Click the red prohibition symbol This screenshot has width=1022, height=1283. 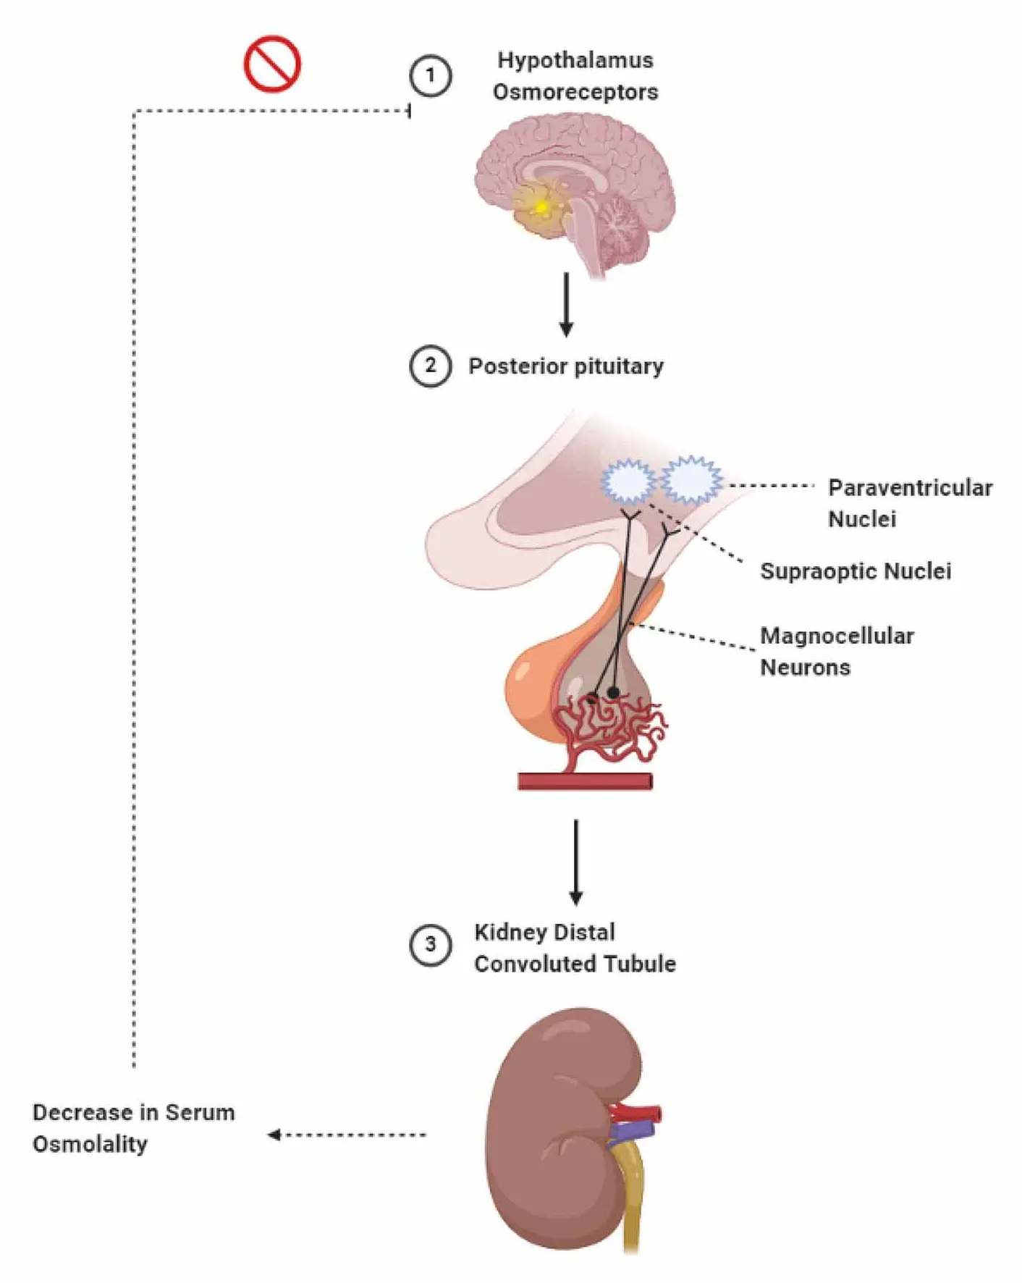tap(271, 64)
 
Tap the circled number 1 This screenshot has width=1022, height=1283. tap(431, 75)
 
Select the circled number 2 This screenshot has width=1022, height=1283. tap(431, 366)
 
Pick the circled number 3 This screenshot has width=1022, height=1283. tap(431, 944)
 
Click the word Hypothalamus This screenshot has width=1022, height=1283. tap(575, 60)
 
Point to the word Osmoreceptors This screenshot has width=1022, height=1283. tap(575, 92)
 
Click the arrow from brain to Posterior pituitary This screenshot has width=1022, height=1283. tap(567, 304)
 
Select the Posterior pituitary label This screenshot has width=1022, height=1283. tap(566, 366)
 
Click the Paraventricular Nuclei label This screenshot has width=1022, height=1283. tap(910, 503)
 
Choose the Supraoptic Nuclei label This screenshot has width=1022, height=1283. tap(856, 571)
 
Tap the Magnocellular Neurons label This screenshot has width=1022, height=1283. tap(837, 652)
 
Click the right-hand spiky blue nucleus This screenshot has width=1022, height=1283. tap(691, 479)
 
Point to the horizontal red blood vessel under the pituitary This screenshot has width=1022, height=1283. tap(585, 781)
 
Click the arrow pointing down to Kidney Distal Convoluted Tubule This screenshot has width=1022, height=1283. tap(576, 862)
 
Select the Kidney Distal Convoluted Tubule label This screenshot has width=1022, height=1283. tap(575, 948)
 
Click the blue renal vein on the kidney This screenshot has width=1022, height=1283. tap(632, 1130)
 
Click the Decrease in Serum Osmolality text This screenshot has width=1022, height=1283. tap(134, 1128)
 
